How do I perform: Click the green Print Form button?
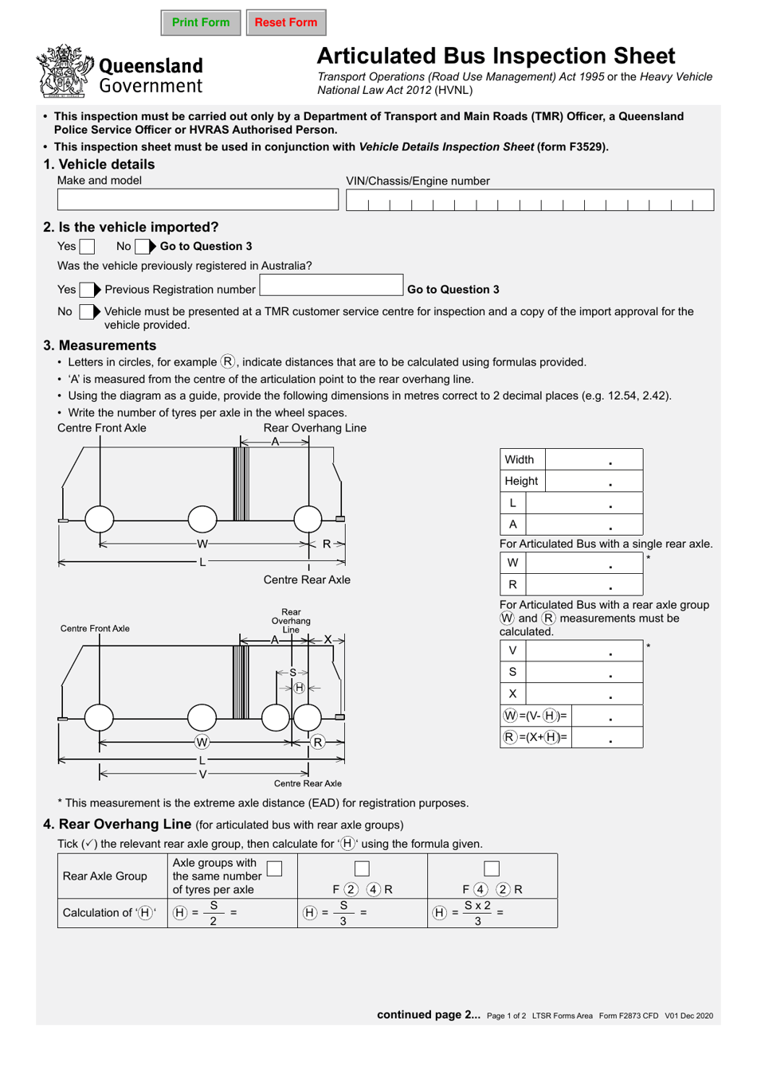point(200,22)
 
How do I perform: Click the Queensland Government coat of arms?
point(64,72)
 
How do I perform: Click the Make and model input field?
point(198,200)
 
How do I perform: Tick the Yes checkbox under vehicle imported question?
point(87,247)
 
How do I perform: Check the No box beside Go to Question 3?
point(142,247)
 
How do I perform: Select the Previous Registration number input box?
point(331,286)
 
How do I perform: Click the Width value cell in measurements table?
point(594,460)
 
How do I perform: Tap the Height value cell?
point(594,482)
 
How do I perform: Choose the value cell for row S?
point(584,673)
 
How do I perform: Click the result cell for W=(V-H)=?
point(607,716)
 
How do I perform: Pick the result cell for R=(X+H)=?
point(607,738)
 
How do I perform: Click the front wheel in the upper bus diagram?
point(100,519)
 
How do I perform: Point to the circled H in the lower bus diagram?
point(299,688)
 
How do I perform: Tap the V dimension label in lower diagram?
point(202,774)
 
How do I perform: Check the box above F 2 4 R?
point(362,869)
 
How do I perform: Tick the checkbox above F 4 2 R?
point(492,869)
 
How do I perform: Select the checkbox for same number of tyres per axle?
point(274,869)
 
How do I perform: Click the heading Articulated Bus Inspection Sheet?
point(496,56)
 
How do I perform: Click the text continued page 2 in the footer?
point(428,1015)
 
